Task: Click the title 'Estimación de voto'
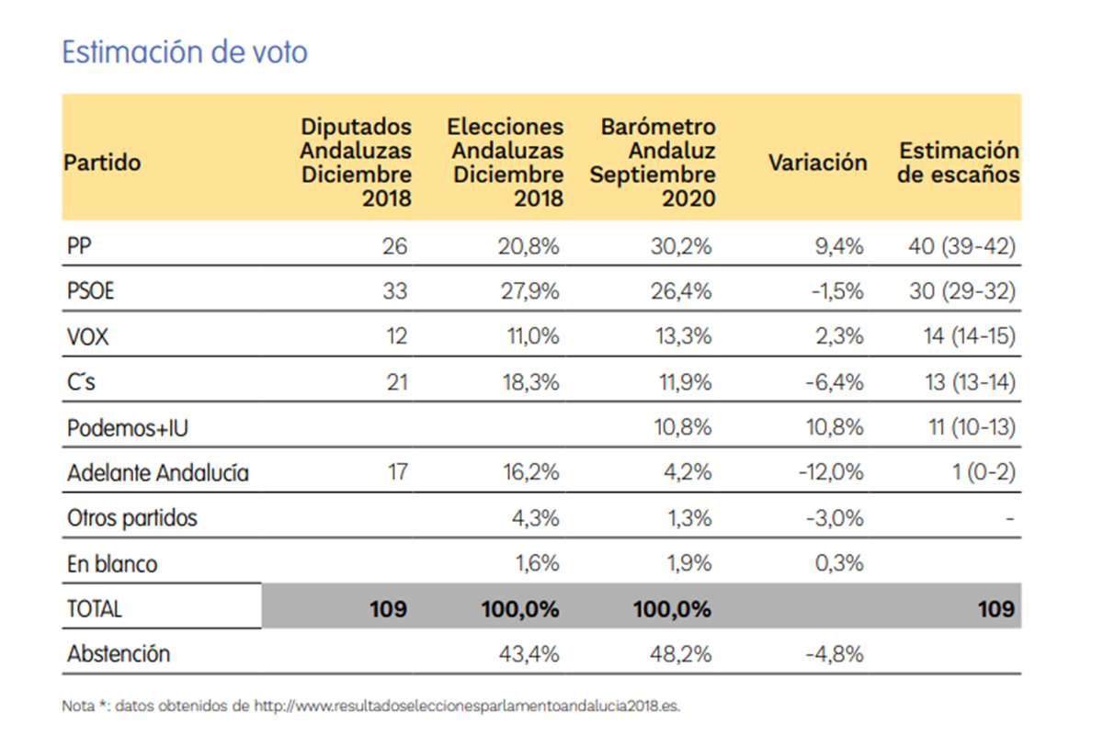click(x=184, y=52)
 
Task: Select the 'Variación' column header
click(x=817, y=163)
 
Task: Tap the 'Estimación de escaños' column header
click(x=959, y=163)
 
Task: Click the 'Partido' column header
click(x=102, y=163)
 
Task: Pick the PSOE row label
click(x=91, y=291)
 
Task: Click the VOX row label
click(x=87, y=336)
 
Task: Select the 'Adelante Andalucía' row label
click(x=158, y=473)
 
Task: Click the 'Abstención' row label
click(x=119, y=654)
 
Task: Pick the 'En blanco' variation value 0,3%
click(x=838, y=563)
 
